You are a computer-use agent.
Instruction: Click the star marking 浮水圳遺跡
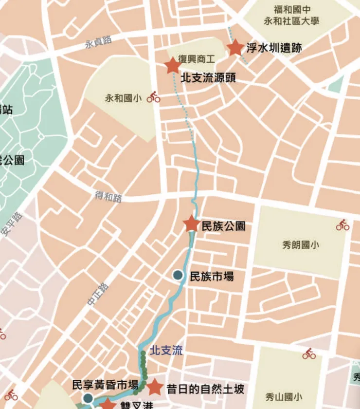click(x=235, y=48)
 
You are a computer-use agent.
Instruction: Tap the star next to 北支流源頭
click(x=173, y=66)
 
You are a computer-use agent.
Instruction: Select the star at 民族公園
click(x=191, y=224)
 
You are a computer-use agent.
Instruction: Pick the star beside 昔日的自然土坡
click(x=155, y=388)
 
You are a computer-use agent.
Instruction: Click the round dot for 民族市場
click(x=178, y=276)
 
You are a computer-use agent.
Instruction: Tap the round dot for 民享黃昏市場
click(x=88, y=399)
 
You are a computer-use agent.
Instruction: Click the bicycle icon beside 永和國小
click(x=153, y=97)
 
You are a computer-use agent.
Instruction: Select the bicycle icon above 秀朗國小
click(x=342, y=225)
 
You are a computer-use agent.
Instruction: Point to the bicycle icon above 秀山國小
click(x=309, y=354)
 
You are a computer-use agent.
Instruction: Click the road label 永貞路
click(x=98, y=42)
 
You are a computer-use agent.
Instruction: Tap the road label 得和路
click(x=108, y=197)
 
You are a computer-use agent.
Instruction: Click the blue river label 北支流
click(x=166, y=350)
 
